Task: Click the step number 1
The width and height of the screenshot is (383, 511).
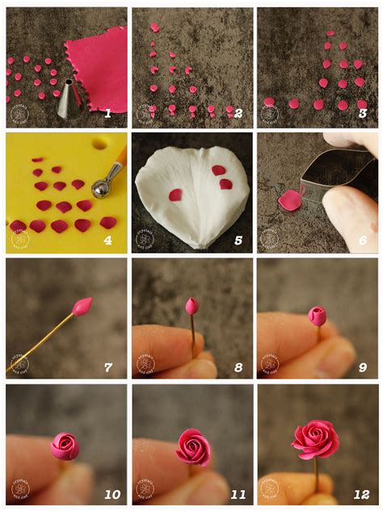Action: (107, 113)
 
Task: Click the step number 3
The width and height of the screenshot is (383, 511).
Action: (362, 114)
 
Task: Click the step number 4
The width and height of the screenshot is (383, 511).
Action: (108, 239)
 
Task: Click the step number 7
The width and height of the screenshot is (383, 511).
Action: (107, 366)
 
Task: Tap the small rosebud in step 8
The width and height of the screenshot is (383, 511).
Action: (191, 306)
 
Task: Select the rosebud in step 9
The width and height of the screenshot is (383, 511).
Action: (318, 316)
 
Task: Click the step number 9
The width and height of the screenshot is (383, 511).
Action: (362, 366)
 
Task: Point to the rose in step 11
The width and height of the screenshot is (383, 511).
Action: (193, 446)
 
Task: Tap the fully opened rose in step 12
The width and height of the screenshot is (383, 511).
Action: (315, 438)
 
